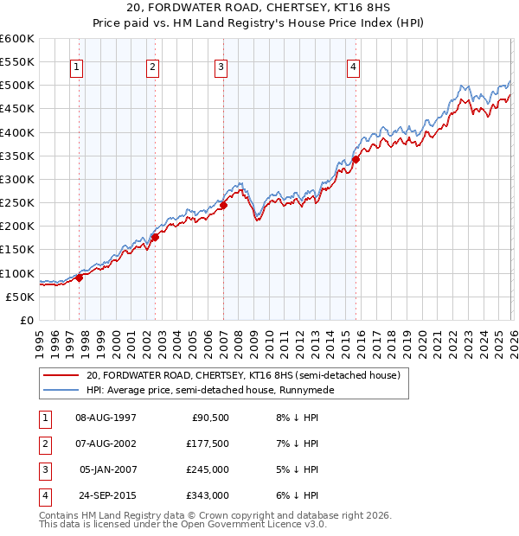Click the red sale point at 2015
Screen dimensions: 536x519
tap(356, 159)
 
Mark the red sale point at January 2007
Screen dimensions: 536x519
tap(223, 205)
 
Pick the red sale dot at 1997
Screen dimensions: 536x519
tap(80, 278)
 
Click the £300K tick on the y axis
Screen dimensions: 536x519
tap(17, 179)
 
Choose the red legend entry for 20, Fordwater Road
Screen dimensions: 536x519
tap(242, 376)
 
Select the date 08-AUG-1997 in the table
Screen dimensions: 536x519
tap(106, 418)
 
